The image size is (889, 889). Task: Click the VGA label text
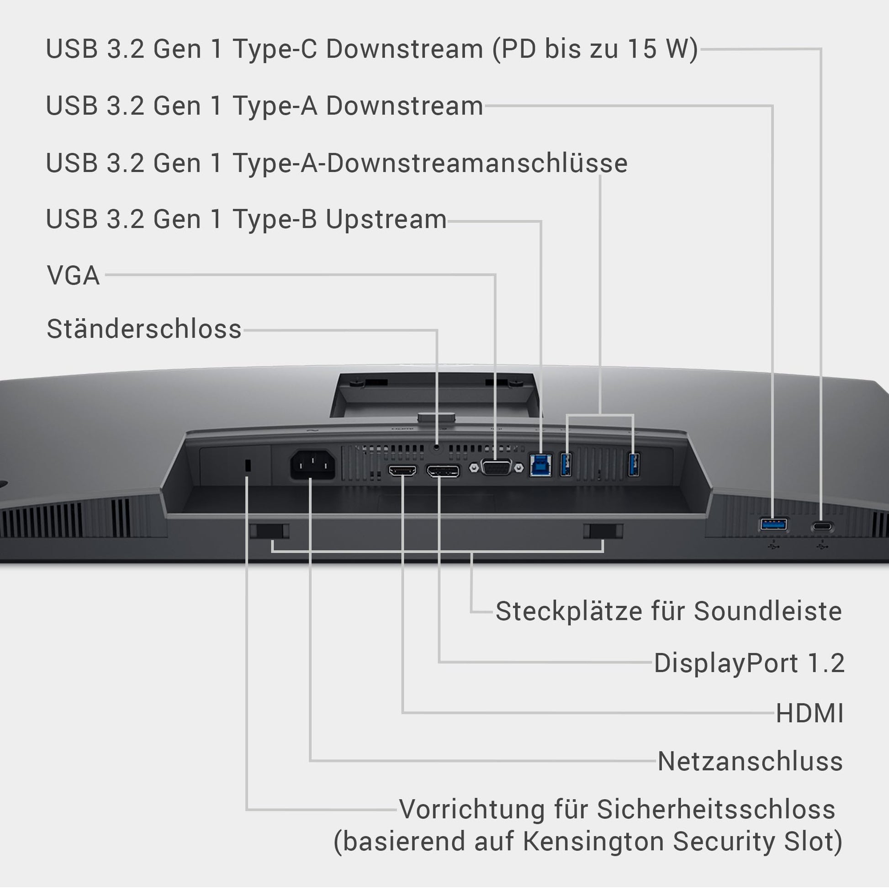pyautogui.click(x=73, y=275)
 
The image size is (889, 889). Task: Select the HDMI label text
pyautogui.click(x=810, y=714)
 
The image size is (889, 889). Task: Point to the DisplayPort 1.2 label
pyautogui.click(x=749, y=663)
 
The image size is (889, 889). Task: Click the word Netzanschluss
pyautogui.click(x=750, y=761)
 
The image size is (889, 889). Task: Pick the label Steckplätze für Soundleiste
pyautogui.click(x=669, y=612)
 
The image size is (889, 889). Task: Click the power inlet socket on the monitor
pyautogui.click(x=312, y=464)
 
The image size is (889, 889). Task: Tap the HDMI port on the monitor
pyautogui.click(x=402, y=471)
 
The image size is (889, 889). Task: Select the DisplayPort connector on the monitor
pyautogui.click(x=443, y=471)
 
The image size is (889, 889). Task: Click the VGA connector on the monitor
pyautogui.click(x=496, y=467)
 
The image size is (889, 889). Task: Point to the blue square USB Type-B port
pyautogui.click(x=540, y=465)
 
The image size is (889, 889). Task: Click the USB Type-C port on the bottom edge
pyautogui.click(x=822, y=526)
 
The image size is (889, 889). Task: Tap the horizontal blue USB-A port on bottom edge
pyautogui.click(x=773, y=524)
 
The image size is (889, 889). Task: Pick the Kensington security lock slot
pyautogui.click(x=248, y=465)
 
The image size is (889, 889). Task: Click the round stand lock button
pyautogui.click(x=436, y=447)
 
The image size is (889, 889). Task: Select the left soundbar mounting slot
pyautogui.click(x=270, y=531)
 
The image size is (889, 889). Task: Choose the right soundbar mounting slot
pyautogui.click(x=603, y=531)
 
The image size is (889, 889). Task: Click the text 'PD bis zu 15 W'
pyautogui.click(x=595, y=49)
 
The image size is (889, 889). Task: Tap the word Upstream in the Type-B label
pyautogui.click(x=386, y=219)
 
